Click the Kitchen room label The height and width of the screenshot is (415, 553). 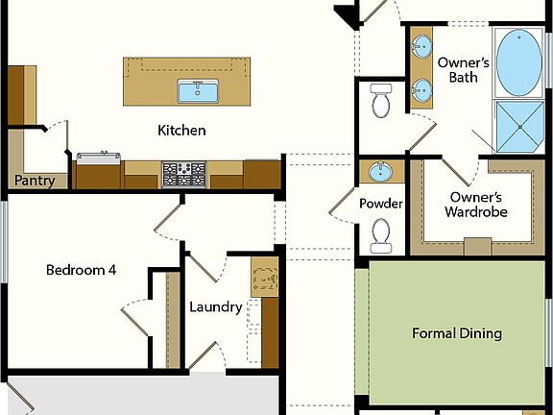pos(182,130)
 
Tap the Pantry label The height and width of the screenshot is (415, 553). pos(34,180)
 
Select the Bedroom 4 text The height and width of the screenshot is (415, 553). pos(81,270)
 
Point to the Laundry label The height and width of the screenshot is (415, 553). pos(215,307)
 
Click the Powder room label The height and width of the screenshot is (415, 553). pos(381,204)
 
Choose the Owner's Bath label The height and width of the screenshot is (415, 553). pos(464,69)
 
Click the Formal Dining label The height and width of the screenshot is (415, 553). pos(457,333)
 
